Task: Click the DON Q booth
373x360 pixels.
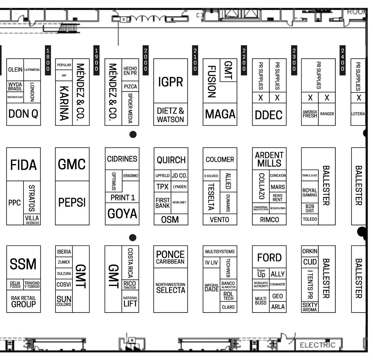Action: click(23, 114)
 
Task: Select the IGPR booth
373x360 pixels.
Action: click(170, 81)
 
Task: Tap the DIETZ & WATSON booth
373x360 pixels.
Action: click(170, 115)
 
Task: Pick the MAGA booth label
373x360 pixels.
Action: click(220, 114)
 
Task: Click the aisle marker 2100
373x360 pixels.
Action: click(195, 60)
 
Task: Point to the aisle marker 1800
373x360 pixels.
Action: click(48, 60)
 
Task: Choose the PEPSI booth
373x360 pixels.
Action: click(72, 202)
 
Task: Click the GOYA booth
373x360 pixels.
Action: click(122, 213)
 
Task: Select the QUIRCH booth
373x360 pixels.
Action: click(170, 160)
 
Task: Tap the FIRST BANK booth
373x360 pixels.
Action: click(163, 203)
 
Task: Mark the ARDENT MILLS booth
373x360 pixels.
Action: click(269, 159)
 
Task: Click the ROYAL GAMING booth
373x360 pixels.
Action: click(310, 193)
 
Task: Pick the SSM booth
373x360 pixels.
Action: click(23, 264)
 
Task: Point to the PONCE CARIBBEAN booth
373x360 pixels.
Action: click(170, 257)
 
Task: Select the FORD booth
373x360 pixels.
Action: click(269, 257)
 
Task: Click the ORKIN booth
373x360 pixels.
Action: click(310, 251)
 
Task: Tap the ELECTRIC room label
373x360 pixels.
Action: click(317, 345)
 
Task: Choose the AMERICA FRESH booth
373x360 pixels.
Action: click(310, 114)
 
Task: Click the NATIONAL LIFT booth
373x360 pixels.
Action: click(130, 302)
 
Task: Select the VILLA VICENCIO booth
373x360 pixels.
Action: click(32, 219)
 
